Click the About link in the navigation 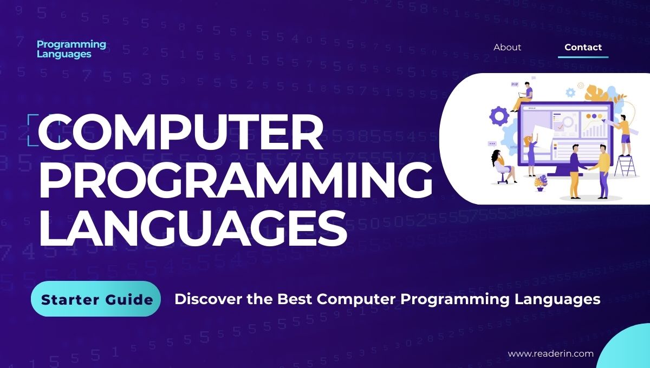tap(507, 47)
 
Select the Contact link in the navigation tap(583, 47)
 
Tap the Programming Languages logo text tap(71, 49)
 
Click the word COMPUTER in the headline tap(181, 133)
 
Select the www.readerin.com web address tap(550, 353)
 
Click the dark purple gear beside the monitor tap(499, 116)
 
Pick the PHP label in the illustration tap(515, 84)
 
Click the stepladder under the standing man tap(626, 165)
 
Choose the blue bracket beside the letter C tap(32, 130)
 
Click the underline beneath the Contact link tap(583, 57)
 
